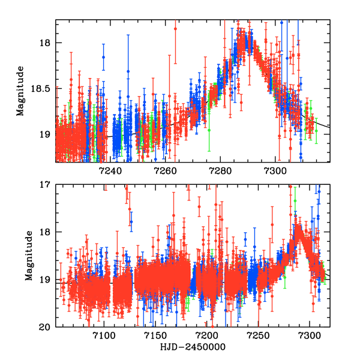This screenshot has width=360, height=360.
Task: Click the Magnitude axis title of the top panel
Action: [21, 91]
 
